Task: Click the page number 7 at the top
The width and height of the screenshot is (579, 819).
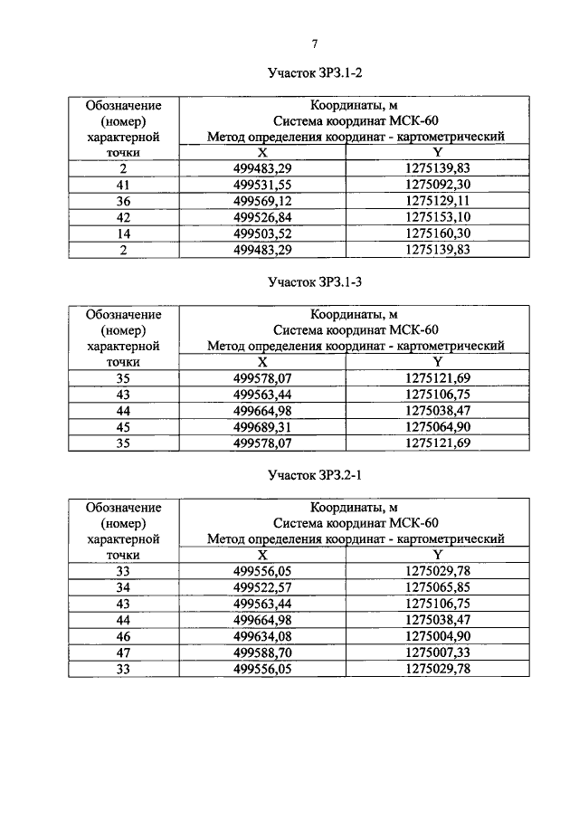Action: pyautogui.click(x=315, y=43)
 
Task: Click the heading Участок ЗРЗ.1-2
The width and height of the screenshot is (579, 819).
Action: pyautogui.click(x=315, y=72)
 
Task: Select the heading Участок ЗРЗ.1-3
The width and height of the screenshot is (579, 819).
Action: pyautogui.click(x=315, y=281)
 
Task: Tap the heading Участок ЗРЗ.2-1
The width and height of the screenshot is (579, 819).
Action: pyautogui.click(x=315, y=474)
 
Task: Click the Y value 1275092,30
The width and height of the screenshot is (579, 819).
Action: pyautogui.click(x=438, y=185)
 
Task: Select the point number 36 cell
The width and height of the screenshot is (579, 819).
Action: pyautogui.click(x=123, y=201)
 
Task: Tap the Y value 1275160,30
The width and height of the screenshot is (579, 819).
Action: pyautogui.click(x=438, y=233)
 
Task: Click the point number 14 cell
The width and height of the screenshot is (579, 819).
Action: pyautogui.click(x=123, y=233)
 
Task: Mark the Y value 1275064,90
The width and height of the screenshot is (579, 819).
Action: pyautogui.click(x=438, y=426)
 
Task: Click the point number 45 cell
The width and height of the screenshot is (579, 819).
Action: pyautogui.click(x=123, y=426)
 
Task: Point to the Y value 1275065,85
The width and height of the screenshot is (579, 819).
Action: pyautogui.click(x=438, y=587)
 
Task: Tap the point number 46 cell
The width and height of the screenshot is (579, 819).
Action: pyautogui.click(x=123, y=636)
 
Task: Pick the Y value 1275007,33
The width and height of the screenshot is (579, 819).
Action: pyautogui.click(x=438, y=652)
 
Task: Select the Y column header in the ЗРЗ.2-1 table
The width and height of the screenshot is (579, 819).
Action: pyautogui.click(x=438, y=555)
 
